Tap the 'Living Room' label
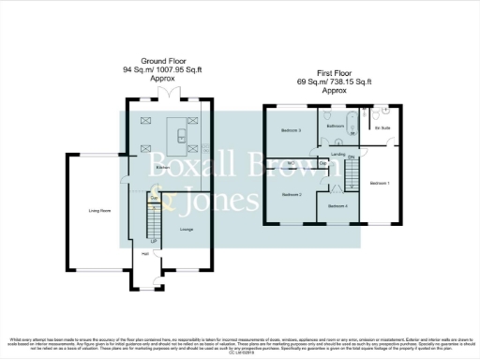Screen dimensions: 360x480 click(93, 211)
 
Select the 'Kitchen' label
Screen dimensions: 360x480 click(162, 168)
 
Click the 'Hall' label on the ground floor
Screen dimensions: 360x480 click(145, 253)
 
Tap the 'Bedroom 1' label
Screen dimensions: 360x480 click(380, 182)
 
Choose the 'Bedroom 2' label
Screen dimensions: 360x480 click(292, 194)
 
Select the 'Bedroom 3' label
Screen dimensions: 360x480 click(292, 130)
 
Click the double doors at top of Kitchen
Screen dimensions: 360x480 click(168, 97)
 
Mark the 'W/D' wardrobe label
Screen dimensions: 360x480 click(292, 163)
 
